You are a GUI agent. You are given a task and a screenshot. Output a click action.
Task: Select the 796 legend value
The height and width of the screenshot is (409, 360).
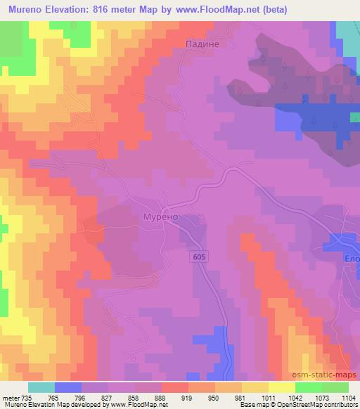pyautogui.click(x=81, y=398)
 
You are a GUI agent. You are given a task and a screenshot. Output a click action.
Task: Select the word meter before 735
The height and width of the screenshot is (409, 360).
pyautogui.click(x=11, y=398)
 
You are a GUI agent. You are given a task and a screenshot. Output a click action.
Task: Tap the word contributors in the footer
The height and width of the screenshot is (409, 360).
pyautogui.click(x=328, y=405)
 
